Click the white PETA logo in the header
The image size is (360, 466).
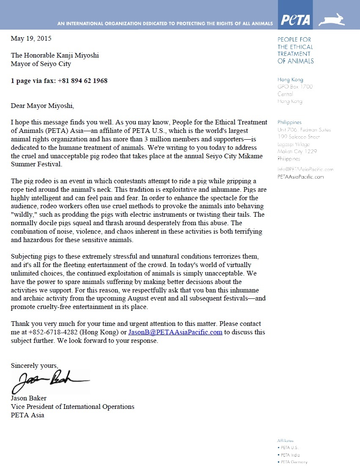click(296, 20)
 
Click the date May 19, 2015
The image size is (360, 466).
click(31, 39)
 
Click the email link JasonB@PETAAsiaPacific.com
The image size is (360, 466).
click(175, 332)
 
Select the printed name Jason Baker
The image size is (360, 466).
click(29, 398)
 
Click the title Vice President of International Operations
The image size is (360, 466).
click(72, 407)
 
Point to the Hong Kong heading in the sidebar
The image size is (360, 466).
click(290, 80)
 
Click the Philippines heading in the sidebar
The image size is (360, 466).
click(289, 122)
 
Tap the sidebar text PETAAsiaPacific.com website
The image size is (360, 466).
click(301, 176)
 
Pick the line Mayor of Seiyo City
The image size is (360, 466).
click(41, 64)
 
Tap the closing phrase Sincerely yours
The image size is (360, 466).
click(34, 365)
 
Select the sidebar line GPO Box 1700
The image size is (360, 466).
click(295, 87)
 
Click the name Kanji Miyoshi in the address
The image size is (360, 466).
click(78, 55)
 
